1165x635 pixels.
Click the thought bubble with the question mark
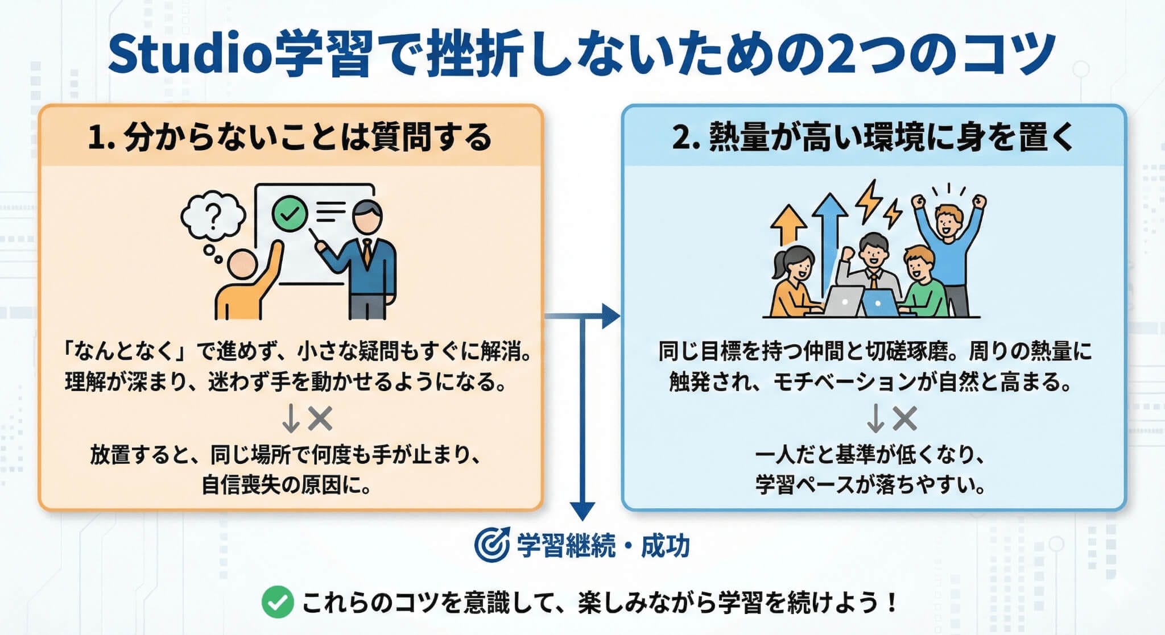[x=213, y=217]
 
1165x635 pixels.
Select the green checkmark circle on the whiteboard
[x=290, y=213]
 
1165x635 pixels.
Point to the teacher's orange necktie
[x=368, y=252]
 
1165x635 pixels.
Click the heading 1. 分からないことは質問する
[x=290, y=137]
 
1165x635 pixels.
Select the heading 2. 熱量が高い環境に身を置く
[x=873, y=137]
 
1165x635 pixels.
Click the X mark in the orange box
[x=320, y=419]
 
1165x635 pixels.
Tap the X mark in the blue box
[x=904, y=419]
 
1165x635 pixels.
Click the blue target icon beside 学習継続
[x=491, y=545]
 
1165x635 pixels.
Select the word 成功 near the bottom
[x=665, y=546]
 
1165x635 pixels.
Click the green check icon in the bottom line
[x=277, y=603]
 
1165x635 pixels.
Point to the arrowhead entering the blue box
[x=611, y=316]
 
